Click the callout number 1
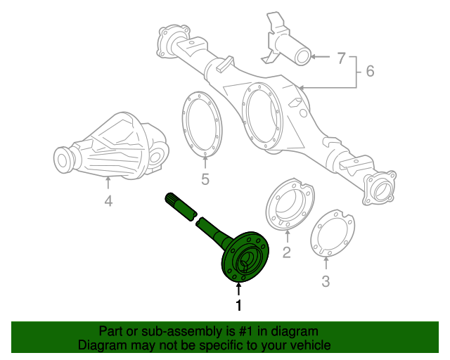pyautogui.click(x=238, y=306)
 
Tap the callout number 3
pyautogui.click(x=326, y=282)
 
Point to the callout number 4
pyautogui.click(x=108, y=202)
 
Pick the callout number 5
pyautogui.click(x=205, y=179)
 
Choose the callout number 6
pyautogui.click(x=370, y=71)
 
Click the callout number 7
pyautogui.click(x=341, y=58)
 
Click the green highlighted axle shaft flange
pyautogui.click(x=244, y=259)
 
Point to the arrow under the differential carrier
pyautogui.click(x=108, y=184)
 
